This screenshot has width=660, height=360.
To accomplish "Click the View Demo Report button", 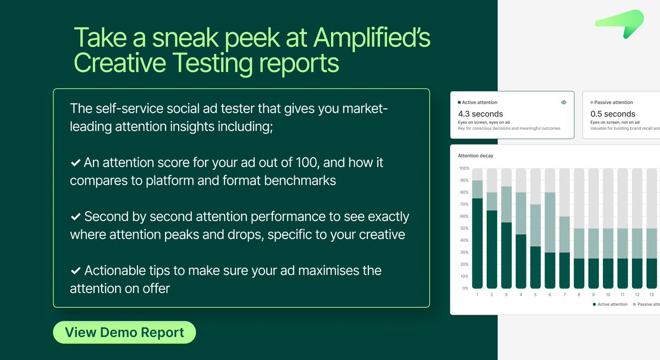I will tap(124, 333).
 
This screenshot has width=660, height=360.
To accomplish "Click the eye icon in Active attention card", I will tap(564, 102).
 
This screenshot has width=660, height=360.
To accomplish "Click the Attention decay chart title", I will tap(475, 156).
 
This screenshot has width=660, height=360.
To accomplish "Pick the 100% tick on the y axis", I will tap(464, 168).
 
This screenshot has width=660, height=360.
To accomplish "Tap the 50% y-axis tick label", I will tap(464, 228).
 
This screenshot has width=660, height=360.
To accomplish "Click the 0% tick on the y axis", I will tap(465, 288).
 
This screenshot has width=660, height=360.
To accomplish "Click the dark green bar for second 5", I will tap(535, 267).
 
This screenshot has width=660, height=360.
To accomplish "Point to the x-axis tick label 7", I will tap(564, 295).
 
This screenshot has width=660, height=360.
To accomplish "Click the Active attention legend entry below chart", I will tap(610, 304).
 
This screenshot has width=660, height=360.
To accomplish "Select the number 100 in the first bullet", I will tap(313, 163).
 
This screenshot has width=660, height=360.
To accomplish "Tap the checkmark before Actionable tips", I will tap(75, 271).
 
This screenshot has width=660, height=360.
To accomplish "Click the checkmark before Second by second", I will tap(75, 217).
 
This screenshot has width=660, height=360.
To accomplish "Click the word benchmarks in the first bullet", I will tap(297, 180).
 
